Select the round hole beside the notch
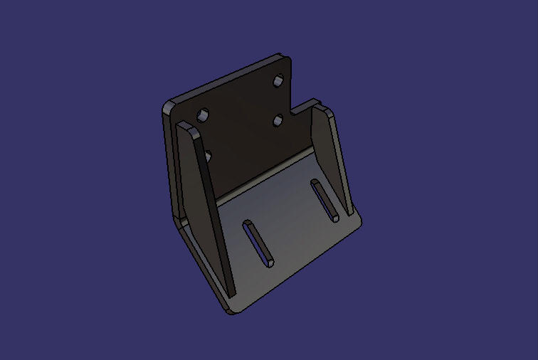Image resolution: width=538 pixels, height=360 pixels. tap(279, 120)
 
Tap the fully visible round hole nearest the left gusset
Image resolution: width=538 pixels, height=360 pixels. tap(204, 115)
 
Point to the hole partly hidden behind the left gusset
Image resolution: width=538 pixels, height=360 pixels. tap(207, 154)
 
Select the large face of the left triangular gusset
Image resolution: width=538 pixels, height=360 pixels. tap(206, 206)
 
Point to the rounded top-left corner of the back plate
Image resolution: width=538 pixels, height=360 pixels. tap(169, 107)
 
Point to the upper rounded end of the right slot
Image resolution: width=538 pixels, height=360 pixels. tap(315, 184)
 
